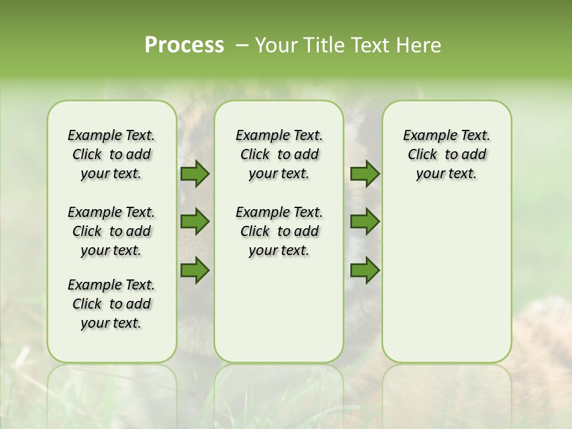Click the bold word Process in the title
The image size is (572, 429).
[184, 45]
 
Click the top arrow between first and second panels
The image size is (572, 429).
[195, 174]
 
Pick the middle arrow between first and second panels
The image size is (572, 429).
[195, 222]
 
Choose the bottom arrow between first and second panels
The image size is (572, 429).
[195, 270]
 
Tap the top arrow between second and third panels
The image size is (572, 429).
[365, 174]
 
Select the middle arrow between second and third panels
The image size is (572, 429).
[365, 222]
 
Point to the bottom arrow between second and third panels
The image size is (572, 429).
[365, 270]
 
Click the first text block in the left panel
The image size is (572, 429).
[111, 154]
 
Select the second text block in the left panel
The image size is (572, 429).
[111, 231]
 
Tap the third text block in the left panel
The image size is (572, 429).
[111, 304]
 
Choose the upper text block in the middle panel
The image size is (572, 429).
[279, 154]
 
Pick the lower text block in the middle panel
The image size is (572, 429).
[279, 231]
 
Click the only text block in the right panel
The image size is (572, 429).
[447, 154]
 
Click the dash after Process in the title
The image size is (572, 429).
[242, 46]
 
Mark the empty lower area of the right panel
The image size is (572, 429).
[447, 274]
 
